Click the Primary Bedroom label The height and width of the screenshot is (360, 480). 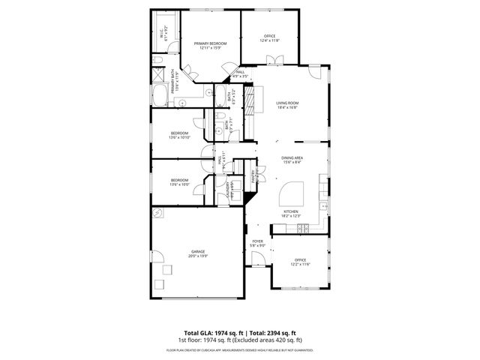[211, 43]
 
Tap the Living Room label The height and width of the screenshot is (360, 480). [287, 103]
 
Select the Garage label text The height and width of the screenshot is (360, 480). [198, 251]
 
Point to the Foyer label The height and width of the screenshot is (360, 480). [257, 241]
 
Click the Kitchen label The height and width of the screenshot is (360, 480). [291, 211]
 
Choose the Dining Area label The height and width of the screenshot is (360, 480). [292, 157]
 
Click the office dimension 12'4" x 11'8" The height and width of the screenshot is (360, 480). [270, 40]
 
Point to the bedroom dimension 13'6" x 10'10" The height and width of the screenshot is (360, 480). [180, 137]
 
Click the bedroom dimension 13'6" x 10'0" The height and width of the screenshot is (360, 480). [180, 184]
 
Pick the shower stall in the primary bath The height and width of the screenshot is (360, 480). [158, 75]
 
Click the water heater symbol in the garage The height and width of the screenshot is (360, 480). [159, 212]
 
